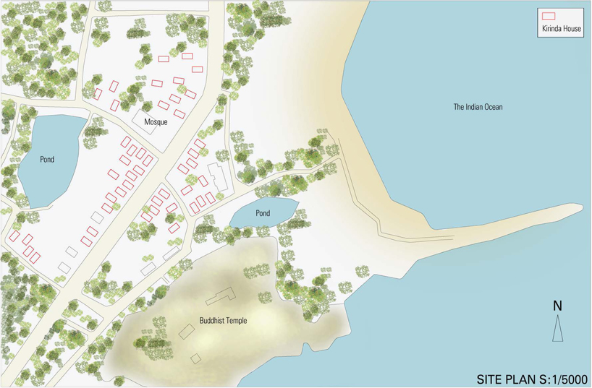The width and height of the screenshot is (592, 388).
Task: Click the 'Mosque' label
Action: pyautogui.click(x=156, y=122)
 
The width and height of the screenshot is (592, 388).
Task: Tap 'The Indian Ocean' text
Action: pyautogui.click(x=478, y=107)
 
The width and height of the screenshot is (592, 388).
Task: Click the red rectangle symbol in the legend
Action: pyautogui.click(x=548, y=15)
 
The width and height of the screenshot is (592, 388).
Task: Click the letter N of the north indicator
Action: pyautogui.click(x=557, y=306)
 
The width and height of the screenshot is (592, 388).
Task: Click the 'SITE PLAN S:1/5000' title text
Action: pyautogui.click(x=531, y=378)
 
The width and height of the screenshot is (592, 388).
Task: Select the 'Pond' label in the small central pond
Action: pyautogui.click(x=263, y=214)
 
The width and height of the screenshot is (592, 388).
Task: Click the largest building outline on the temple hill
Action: pyautogui.click(x=221, y=296)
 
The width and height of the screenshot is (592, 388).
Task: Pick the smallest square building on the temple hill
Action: pyautogui.click(x=195, y=358)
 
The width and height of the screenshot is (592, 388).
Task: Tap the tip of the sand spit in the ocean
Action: pyautogui.click(x=579, y=207)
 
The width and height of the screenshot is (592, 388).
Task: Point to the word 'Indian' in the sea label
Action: pyautogui.click(x=471, y=107)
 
